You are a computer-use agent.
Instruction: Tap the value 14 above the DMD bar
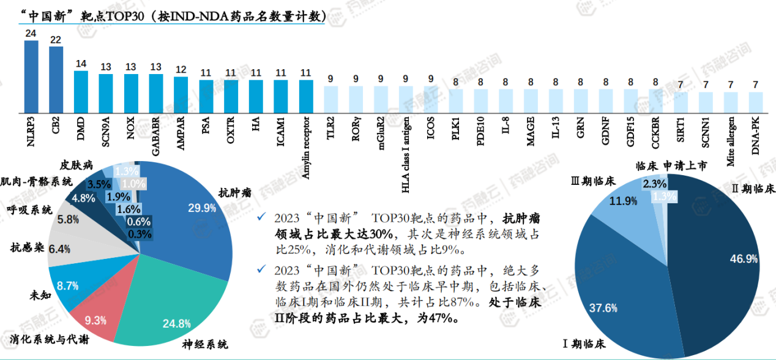point(81,64)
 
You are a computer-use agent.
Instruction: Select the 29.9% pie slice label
point(202,208)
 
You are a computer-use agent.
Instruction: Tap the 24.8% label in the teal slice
point(177,323)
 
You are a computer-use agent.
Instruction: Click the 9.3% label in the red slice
point(95,320)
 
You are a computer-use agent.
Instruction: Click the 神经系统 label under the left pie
point(205,344)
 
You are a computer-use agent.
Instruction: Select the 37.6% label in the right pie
point(603,308)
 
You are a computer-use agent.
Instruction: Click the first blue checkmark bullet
point(262,217)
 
